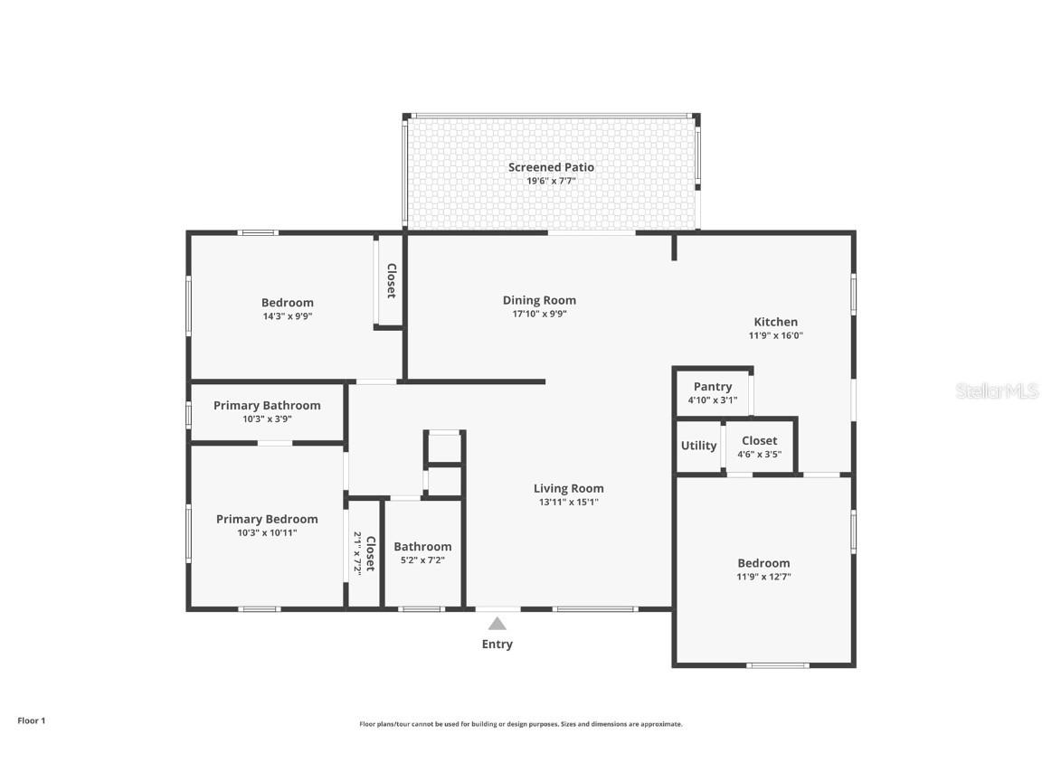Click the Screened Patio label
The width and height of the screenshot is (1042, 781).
click(x=551, y=167)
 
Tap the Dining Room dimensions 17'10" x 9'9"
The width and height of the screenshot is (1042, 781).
click(x=539, y=315)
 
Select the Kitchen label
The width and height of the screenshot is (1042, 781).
click(x=775, y=322)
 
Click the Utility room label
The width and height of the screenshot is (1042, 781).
click(x=698, y=446)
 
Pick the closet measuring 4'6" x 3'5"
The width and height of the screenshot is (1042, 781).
click(x=759, y=447)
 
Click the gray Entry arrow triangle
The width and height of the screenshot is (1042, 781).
click(x=497, y=623)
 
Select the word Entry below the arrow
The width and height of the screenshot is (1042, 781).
click(x=497, y=645)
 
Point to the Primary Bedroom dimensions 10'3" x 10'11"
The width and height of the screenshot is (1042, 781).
click(x=267, y=533)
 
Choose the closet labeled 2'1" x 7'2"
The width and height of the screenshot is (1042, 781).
click(x=364, y=553)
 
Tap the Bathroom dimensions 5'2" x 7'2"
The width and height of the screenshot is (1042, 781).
click(x=422, y=560)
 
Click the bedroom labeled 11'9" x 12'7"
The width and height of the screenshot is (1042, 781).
click(x=763, y=569)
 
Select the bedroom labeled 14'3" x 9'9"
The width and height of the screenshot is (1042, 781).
click(x=288, y=309)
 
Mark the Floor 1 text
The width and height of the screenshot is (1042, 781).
click(x=31, y=720)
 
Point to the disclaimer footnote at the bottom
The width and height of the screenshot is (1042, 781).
click(x=520, y=724)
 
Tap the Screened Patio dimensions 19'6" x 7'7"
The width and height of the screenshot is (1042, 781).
click(x=551, y=181)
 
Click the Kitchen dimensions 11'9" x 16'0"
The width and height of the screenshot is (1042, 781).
click(x=775, y=335)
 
